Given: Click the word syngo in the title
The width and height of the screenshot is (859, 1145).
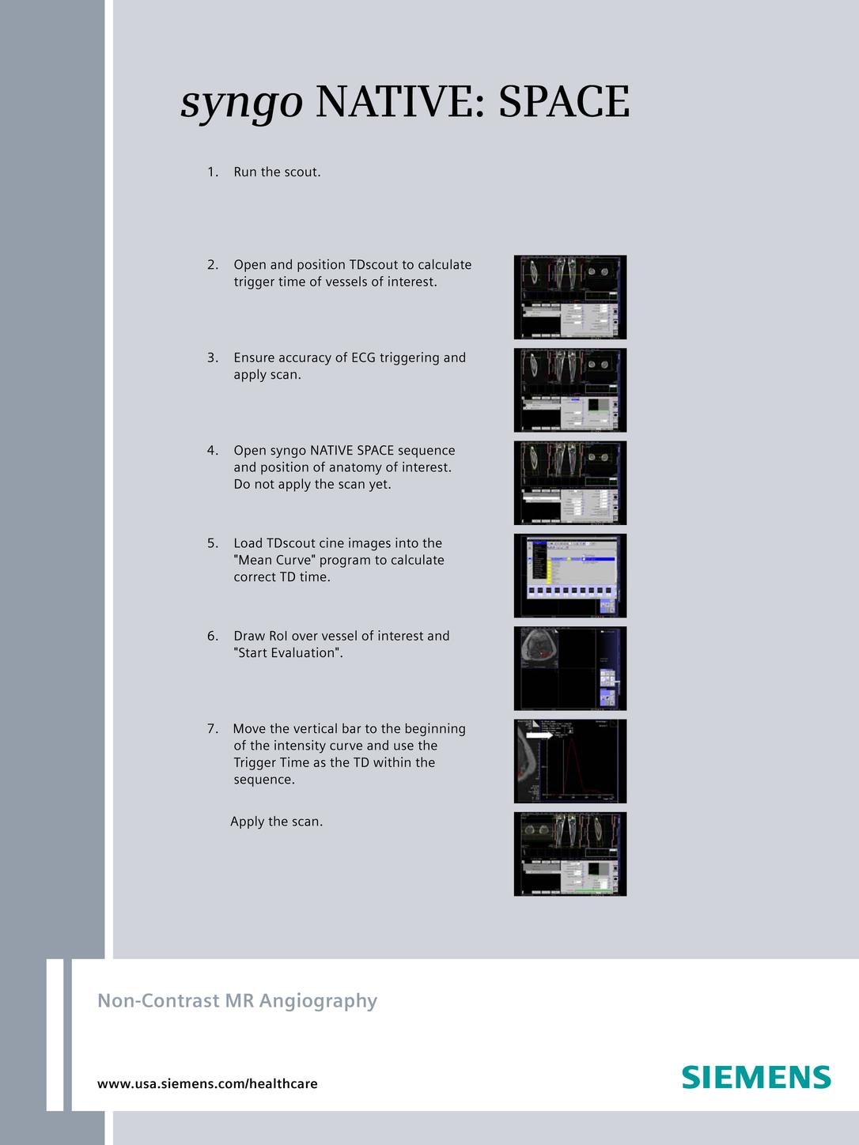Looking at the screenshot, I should click(241, 103).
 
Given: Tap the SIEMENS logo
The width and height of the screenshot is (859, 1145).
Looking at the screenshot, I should click(756, 1077).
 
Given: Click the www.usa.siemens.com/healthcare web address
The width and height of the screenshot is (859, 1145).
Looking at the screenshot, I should click(207, 1083).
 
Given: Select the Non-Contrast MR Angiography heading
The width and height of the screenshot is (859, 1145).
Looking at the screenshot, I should click(237, 1000).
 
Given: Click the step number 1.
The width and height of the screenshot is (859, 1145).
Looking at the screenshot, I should click(212, 172).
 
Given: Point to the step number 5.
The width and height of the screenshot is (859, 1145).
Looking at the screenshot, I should click(212, 543).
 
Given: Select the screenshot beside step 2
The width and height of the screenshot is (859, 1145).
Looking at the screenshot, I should click(570, 297).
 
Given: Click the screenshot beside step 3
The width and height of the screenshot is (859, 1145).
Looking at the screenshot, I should click(570, 390).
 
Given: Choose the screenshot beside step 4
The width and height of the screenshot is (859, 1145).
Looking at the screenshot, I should click(570, 482).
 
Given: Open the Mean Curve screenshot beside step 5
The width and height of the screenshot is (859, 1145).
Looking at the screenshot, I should click(570, 576).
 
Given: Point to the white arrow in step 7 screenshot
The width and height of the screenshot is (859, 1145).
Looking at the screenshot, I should click(540, 735).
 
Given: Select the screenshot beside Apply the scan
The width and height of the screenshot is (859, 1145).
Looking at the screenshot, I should click(570, 854).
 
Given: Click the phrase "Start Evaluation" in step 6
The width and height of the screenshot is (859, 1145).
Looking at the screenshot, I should click(286, 653).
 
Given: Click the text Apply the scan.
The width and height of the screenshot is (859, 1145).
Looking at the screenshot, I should click(276, 822).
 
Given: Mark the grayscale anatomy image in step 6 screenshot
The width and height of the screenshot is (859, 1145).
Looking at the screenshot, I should click(538, 648).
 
